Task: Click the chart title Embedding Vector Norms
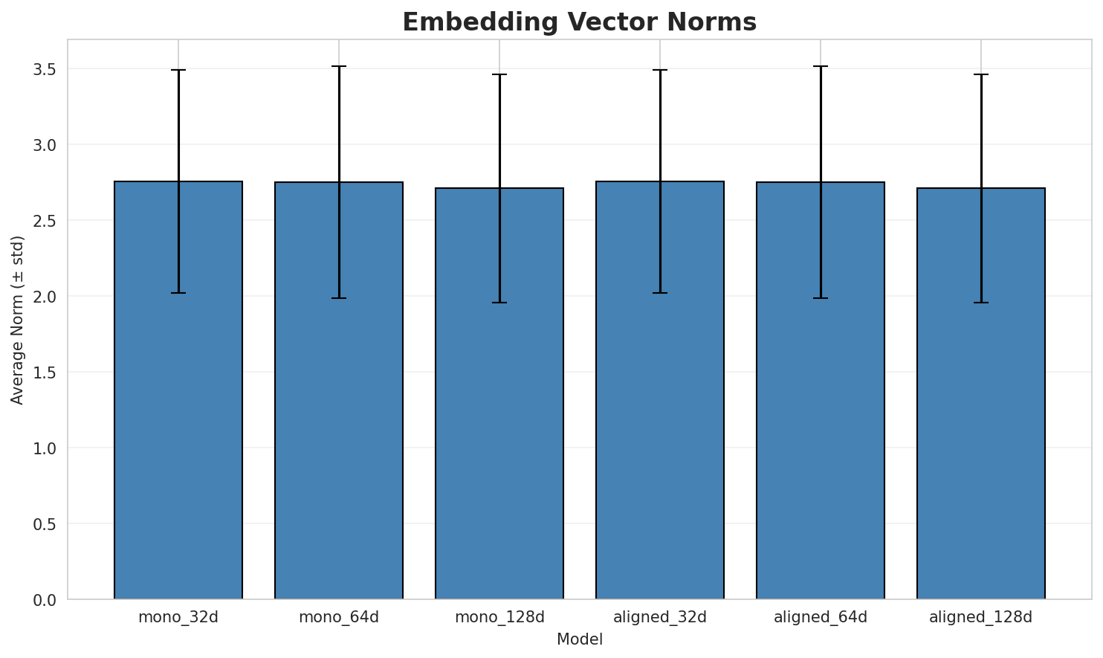point(579,22)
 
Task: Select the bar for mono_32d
point(178,390)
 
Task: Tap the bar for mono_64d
point(339,390)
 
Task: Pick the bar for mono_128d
point(499,394)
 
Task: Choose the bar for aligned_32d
point(660,390)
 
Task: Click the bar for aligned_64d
point(821,390)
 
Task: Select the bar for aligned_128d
point(981,394)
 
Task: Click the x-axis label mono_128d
point(499,617)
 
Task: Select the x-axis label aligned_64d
point(821,617)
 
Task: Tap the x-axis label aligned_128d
point(981,617)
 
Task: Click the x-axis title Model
point(579,639)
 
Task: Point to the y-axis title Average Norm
point(18,320)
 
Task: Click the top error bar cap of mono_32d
point(178,70)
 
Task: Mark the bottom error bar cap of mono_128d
point(499,303)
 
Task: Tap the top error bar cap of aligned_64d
point(821,66)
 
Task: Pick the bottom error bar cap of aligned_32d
point(660,293)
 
